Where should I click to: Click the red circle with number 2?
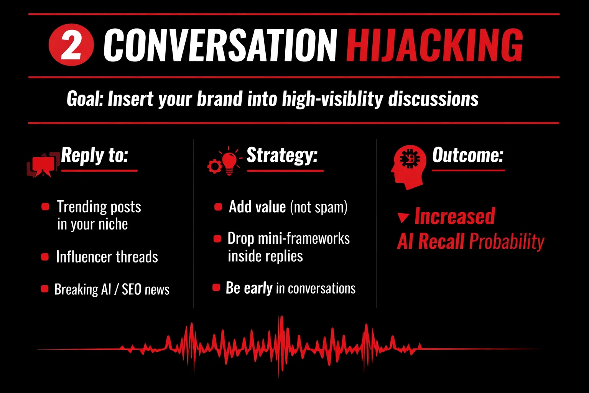pyautogui.click(x=71, y=45)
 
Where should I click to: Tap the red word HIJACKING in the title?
pyautogui.click(x=434, y=45)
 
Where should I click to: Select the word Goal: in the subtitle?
pyautogui.click(x=85, y=99)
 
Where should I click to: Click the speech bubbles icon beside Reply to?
pyautogui.click(x=43, y=165)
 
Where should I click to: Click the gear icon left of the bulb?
pyautogui.click(x=215, y=166)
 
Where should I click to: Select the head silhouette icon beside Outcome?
pyautogui.click(x=408, y=167)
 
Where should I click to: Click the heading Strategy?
pyautogui.click(x=282, y=156)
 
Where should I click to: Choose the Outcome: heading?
pyautogui.click(x=468, y=155)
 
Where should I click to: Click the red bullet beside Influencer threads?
pyautogui.click(x=45, y=257)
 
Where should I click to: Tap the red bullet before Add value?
pyautogui.click(x=218, y=207)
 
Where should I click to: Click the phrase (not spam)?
pyautogui.click(x=319, y=207)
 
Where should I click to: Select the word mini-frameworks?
pyautogui.click(x=304, y=238)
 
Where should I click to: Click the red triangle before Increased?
pyautogui.click(x=403, y=218)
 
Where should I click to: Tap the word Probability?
pyautogui.click(x=507, y=242)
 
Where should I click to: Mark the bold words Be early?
pyautogui.click(x=249, y=288)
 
